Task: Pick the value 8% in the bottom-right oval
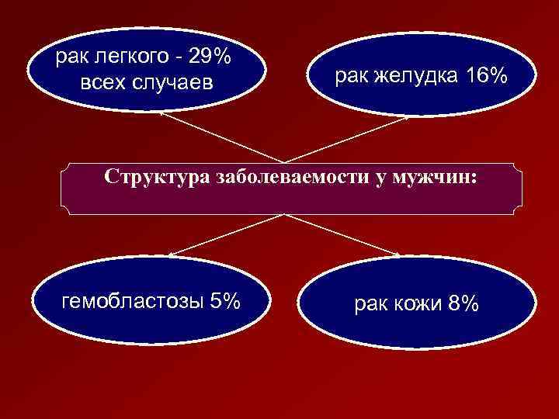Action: coord(464,305)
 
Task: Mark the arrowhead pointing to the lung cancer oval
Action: coord(163,113)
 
